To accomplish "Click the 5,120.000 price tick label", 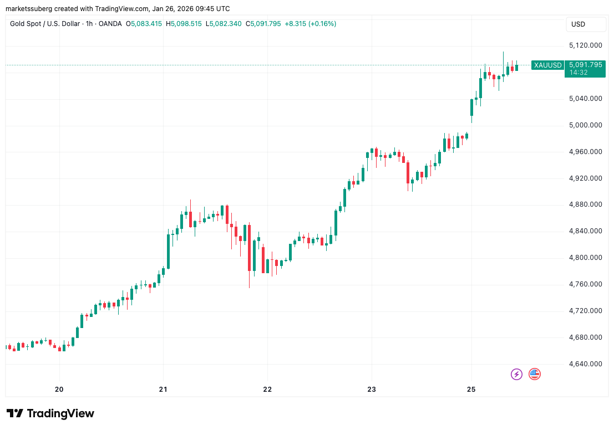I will click(x=586, y=45).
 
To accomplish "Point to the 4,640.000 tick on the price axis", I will click(x=586, y=364).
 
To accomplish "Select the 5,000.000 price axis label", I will click(x=586, y=125).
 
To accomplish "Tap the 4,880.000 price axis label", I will click(x=586, y=204).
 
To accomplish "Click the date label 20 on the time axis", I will click(x=59, y=389).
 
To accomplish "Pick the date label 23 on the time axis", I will click(x=372, y=389).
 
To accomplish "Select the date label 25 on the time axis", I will click(x=471, y=389).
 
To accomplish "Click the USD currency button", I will click(x=578, y=24).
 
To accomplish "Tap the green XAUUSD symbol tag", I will click(x=547, y=65).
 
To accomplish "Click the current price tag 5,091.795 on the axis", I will click(x=585, y=65).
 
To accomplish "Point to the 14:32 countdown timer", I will click(x=577, y=73).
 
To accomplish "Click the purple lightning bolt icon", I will click(x=516, y=374).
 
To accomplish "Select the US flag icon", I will click(x=535, y=374).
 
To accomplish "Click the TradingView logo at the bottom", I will click(x=50, y=413).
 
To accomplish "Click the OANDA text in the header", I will click(x=111, y=24).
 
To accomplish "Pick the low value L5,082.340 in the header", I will click(x=224, y=24).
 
